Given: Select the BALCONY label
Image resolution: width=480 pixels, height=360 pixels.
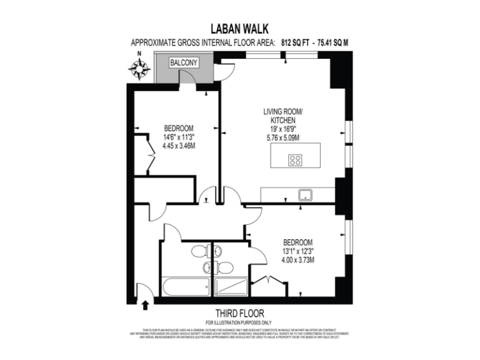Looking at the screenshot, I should point(184,63).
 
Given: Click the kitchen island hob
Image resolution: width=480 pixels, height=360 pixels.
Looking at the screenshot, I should point(295,159).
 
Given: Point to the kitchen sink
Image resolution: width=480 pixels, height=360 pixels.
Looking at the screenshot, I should point(306,194).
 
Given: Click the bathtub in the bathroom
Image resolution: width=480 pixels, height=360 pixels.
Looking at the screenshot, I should point(186,287).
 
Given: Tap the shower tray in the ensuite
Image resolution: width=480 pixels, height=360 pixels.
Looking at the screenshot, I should point(231,287).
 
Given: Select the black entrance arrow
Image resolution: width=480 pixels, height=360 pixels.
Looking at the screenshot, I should point(146,305).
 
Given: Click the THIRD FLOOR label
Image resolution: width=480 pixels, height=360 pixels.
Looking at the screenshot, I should point(239,313).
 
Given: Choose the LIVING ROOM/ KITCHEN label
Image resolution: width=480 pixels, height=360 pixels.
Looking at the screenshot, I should point(278,116).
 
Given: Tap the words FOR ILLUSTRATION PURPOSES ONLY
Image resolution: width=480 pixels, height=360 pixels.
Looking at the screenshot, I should point(239,322).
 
